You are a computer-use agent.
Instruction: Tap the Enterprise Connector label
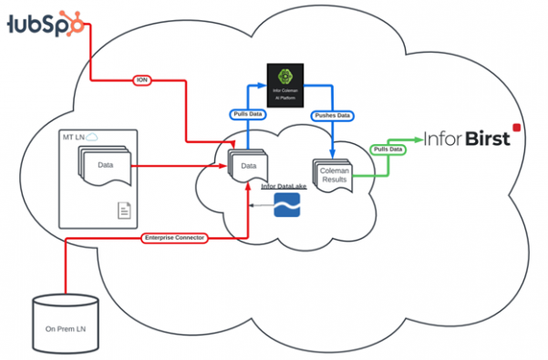[x=174, y=238]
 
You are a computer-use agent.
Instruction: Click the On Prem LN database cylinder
[x=65, y=323]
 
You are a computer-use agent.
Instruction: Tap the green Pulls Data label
[x=386, y=149]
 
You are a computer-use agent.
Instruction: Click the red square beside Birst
[x=516, y=129]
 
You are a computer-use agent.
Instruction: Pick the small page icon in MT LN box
[x=123, y=211]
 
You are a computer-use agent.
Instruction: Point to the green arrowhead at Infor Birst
[x=419, y=139]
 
